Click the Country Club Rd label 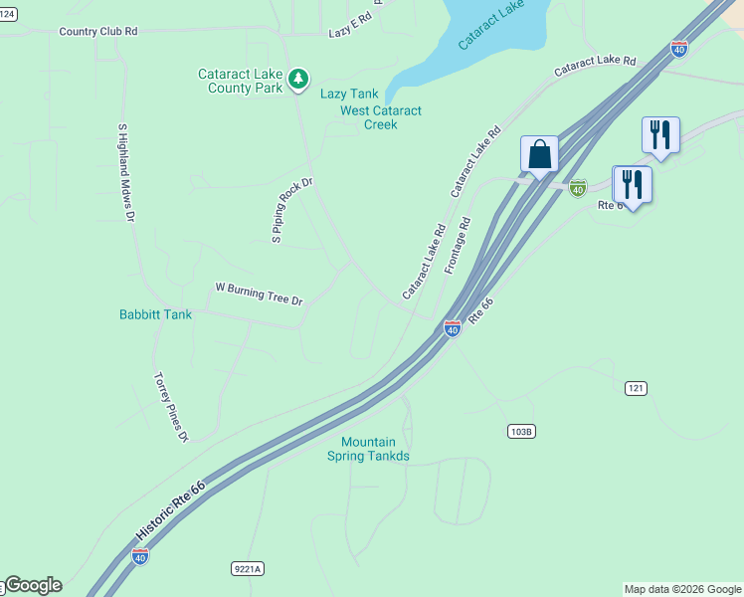pos(97,32)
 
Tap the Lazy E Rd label pos(349,33)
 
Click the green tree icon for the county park pos(297,78)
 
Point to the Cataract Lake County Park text pos(240,81)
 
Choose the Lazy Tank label pos(349,94)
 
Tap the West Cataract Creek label pos(381,117)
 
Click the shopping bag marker pos(539,155)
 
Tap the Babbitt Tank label pos(155,314)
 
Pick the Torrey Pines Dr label pos(170,406)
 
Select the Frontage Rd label pos(457,246)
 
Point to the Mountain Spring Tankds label pos(368,449)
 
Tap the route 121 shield pos(637,387)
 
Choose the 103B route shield pos(521,431)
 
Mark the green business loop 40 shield pos(578,186)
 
